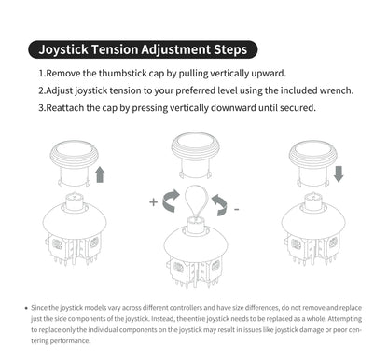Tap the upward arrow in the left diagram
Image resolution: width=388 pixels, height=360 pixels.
100,174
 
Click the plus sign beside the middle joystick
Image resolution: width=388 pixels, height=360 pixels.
154,201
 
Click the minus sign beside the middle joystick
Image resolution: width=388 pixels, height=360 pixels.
236,210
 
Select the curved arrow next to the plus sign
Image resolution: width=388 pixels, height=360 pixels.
172,201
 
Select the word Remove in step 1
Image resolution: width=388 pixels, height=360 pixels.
65,73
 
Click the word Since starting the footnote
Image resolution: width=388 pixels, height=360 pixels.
42,307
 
